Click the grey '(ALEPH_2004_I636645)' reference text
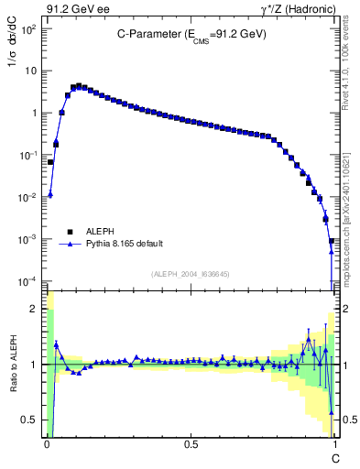[x=191, y=273]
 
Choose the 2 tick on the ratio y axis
[x=36, y=309]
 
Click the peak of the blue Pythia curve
[x=79, y=86]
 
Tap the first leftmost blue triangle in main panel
[x=50, y=194]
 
